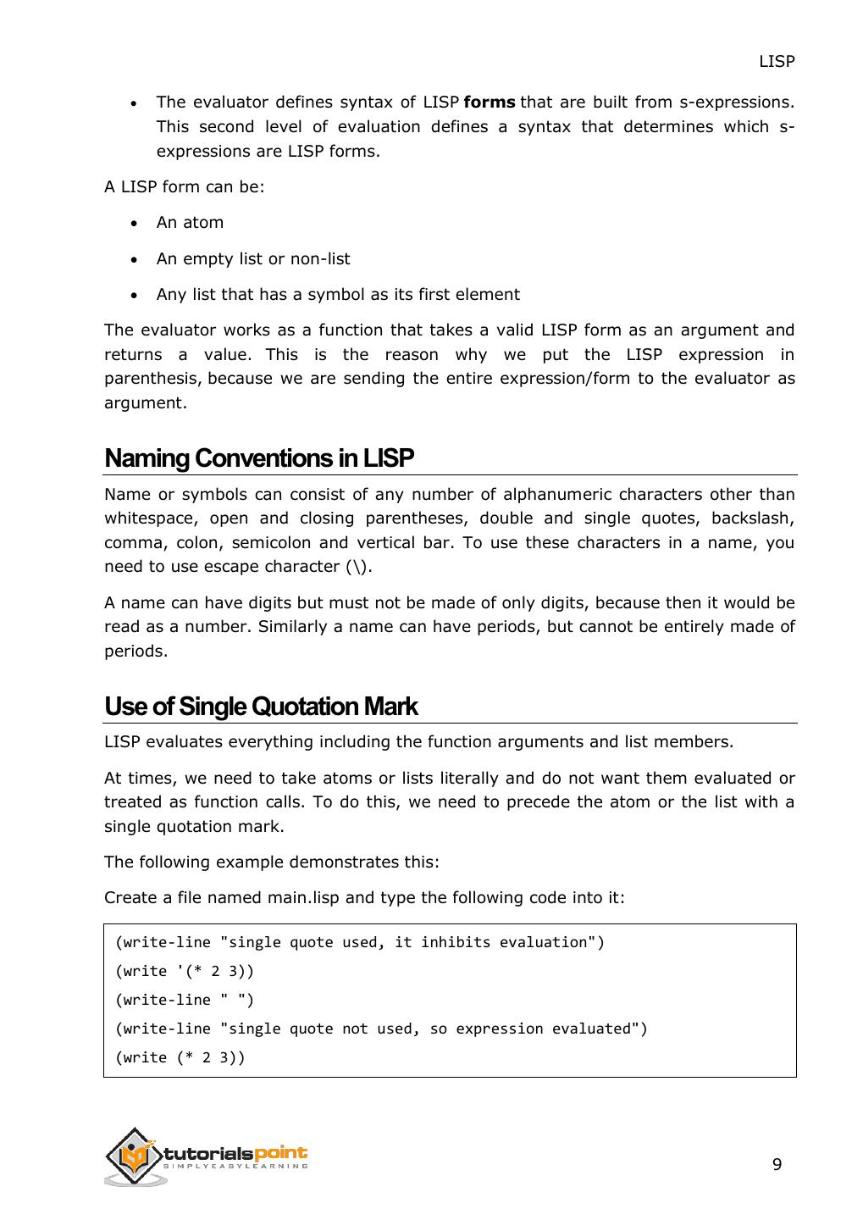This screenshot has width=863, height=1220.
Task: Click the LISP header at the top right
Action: (776, 62)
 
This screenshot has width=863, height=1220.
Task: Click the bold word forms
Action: (490, 103)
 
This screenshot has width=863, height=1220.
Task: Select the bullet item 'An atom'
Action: (190, 223)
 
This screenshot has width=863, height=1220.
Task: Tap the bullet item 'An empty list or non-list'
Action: (252, 259)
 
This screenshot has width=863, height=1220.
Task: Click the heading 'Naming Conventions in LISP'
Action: (259, 458)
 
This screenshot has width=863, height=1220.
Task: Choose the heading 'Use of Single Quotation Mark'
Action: (261, 707)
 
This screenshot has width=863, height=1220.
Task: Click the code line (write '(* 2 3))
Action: (185, 971)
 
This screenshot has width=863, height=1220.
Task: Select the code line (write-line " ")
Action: (185, 1000)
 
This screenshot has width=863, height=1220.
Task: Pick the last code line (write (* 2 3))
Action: (180, 1057)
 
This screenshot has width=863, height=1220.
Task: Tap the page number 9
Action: (777, 1165)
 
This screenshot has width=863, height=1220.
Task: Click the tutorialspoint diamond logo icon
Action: (135, 1156)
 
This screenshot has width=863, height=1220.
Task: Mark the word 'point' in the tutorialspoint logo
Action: (280, 1153)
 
